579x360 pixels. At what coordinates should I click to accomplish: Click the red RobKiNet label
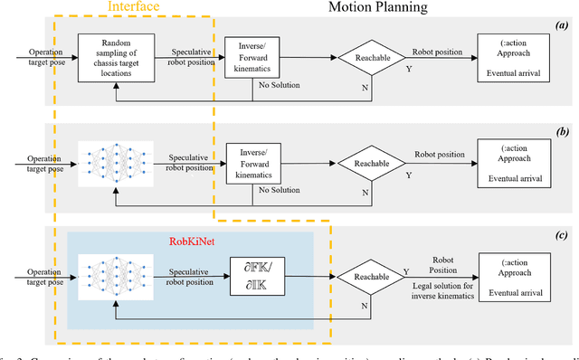click(193, 242)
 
